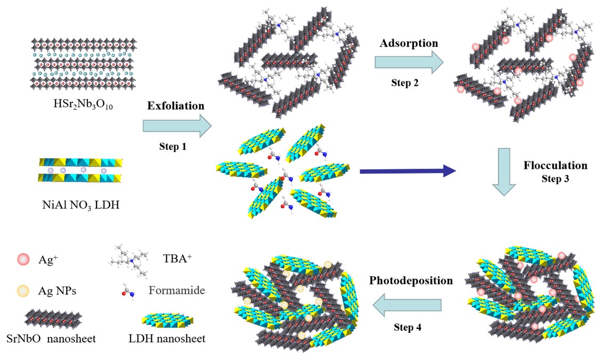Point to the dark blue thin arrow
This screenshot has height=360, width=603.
click(x=408, y=171)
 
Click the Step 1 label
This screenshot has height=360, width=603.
click(x=175, y=145)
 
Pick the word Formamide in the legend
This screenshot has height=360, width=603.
click(x=177, y=290)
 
